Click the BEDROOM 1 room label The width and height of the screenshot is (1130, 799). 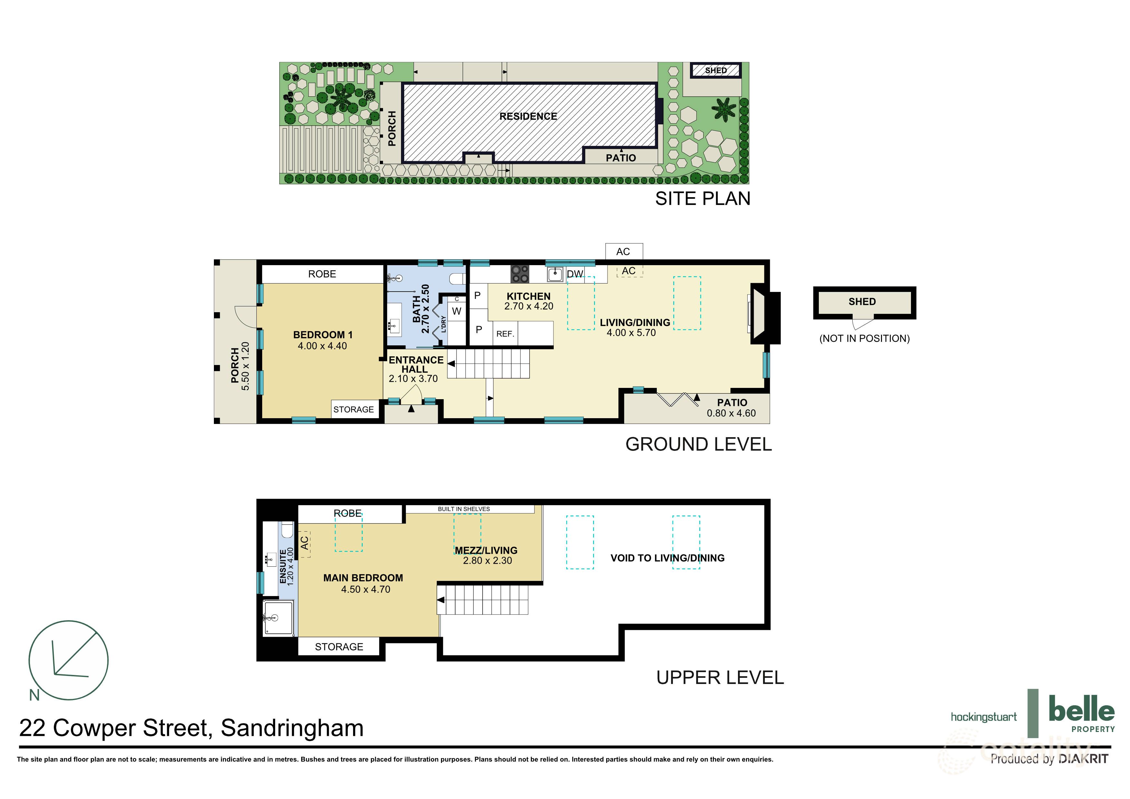click(x=323, y=335)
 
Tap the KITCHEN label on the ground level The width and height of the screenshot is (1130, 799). click(x=529, y=296)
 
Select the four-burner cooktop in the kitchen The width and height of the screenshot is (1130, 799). click(x=519, y=274)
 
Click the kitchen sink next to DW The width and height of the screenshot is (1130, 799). click(x=555, y=274)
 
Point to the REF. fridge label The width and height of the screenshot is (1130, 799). click(x=505, y=334)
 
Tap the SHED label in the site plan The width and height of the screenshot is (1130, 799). click(x=716, y=71)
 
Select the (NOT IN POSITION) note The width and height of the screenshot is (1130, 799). click(x=864, y=339)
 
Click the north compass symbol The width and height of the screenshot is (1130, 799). click(x=68, y=660)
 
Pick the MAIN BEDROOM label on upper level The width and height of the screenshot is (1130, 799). click(x=363, y=578)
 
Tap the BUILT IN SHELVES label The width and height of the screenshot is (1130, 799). click(x=464, y=509)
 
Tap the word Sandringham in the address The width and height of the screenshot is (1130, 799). click(x=292, y=728)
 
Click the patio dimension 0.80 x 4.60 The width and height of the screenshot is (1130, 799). click(x=731, y=414)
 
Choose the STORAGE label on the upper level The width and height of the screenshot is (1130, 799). click(x=339, y=647)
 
